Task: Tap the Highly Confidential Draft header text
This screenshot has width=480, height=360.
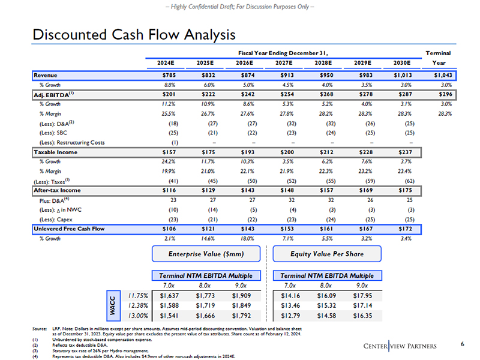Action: click(x=240, y=6)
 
